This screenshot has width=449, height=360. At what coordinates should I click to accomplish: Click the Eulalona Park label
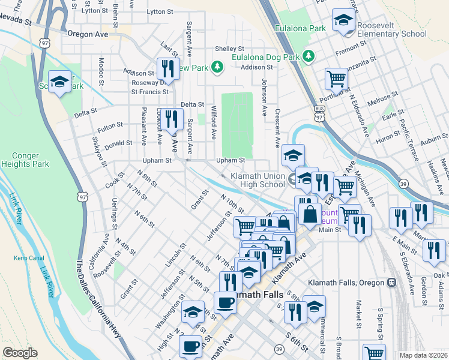click(x=300, y=28)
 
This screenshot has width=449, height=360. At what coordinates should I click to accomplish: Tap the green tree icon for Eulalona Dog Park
click(x=309, y=56)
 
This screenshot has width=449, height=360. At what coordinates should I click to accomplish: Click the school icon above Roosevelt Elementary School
click(x=343, y=20)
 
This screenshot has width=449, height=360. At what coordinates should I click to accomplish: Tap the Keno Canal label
click(x=26, y=258)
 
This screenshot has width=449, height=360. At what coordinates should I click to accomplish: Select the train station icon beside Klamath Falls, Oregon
click(x=392, y=282)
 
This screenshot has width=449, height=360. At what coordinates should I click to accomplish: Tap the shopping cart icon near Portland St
click(x=337, y=78)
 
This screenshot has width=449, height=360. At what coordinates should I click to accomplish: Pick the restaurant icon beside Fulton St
click(x=172, y=119)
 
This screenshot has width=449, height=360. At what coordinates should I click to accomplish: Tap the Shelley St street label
click(x=230, y=49)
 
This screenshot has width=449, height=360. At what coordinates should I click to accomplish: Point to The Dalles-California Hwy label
click(x=100, y=300)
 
